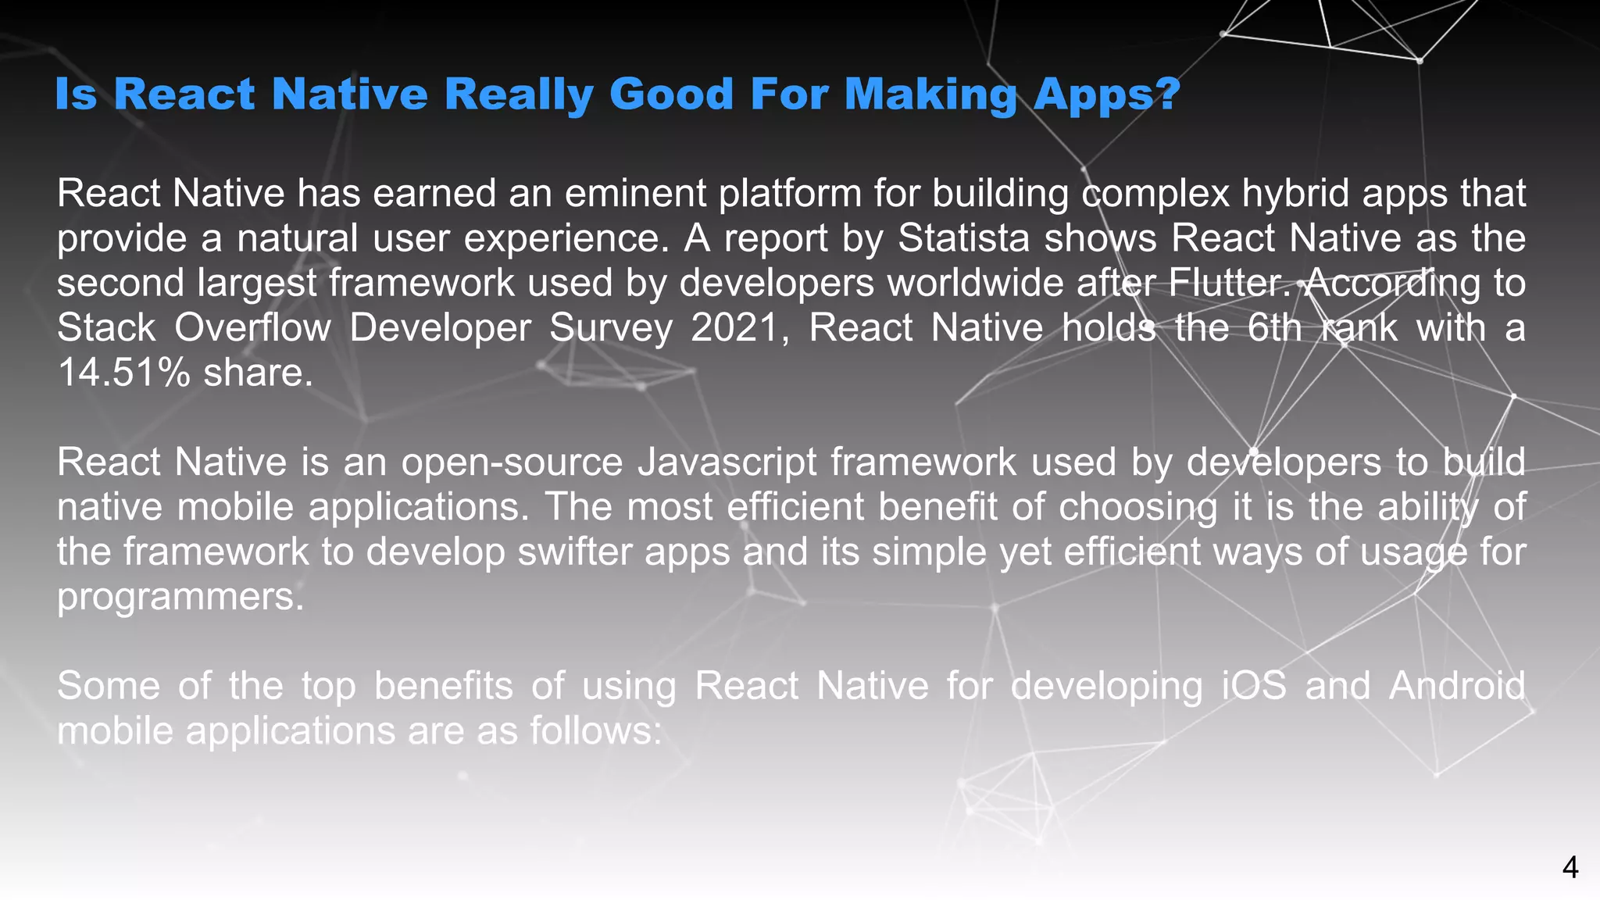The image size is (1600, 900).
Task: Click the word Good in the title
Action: [671, 94]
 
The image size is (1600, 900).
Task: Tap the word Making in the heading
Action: [930, 95]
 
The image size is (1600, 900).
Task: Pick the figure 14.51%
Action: [123, 373]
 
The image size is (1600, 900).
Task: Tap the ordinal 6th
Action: [1274, 327]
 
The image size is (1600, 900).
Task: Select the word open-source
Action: [512, 462]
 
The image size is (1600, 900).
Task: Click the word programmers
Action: [180, 597]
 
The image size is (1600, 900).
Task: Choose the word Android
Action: [1457, 686]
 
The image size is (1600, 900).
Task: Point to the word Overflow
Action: [252, 327]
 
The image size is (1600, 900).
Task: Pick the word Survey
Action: [610, 328]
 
